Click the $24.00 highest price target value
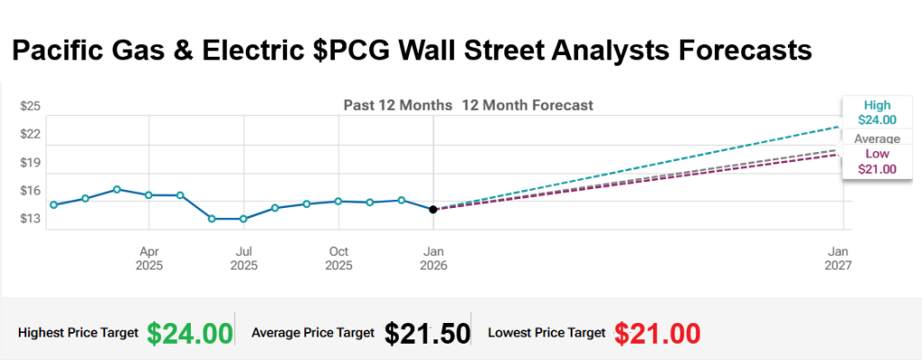(x=190, y=332)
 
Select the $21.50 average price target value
(x=427, y=332)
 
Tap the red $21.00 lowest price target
(x=657, y=332)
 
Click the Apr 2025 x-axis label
(x=149, y=258)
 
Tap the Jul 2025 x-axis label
(x=243, y=258)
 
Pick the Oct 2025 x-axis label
(x=339, y=258)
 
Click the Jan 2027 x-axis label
(x=839, y=258)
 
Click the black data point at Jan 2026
(x=433, y=209)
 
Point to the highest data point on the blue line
(x=117, y=189)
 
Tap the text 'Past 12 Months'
(x=397, y=105)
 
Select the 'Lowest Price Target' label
(x=547, y=333)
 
